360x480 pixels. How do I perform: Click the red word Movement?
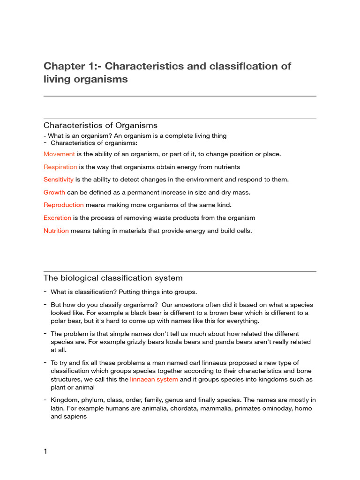point(59,154)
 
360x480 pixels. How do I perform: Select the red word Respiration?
point(60,167)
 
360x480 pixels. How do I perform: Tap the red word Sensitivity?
point(59,180)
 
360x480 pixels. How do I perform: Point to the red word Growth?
point(54,192)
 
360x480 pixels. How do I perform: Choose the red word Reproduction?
point(64,205)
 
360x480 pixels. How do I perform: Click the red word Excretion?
point(57,218)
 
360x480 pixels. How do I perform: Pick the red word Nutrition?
point(56,231)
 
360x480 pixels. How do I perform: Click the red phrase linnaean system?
point(154,379)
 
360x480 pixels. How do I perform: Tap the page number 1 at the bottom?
point(45,452)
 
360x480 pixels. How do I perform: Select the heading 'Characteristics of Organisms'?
point(100,126)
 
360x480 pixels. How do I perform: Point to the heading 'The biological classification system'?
point(113,278)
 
